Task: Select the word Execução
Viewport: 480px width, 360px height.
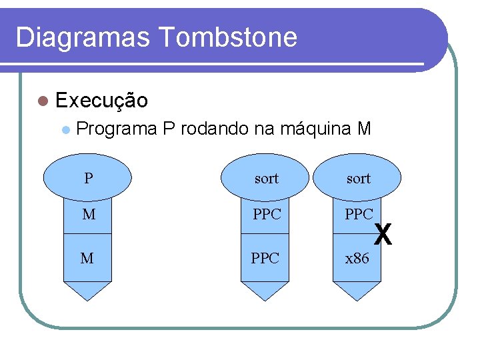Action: (102, 101)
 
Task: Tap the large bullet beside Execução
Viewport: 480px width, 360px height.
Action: (43, 101)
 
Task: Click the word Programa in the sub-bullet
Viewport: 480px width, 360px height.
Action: (117, 128)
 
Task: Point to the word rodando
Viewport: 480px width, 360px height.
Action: (215, 128)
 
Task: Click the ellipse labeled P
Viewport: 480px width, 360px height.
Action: (88, 178)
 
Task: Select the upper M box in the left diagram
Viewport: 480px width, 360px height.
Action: (88, 215)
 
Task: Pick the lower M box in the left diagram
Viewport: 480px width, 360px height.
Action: (87, 257)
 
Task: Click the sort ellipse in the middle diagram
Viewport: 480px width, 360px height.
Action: (265, 178)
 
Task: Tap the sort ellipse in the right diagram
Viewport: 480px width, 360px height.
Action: (358, 178)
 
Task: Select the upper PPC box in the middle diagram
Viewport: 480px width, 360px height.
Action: (265, 215)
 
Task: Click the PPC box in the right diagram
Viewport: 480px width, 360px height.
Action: (357, 215)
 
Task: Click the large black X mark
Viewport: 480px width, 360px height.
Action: (383, 234)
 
